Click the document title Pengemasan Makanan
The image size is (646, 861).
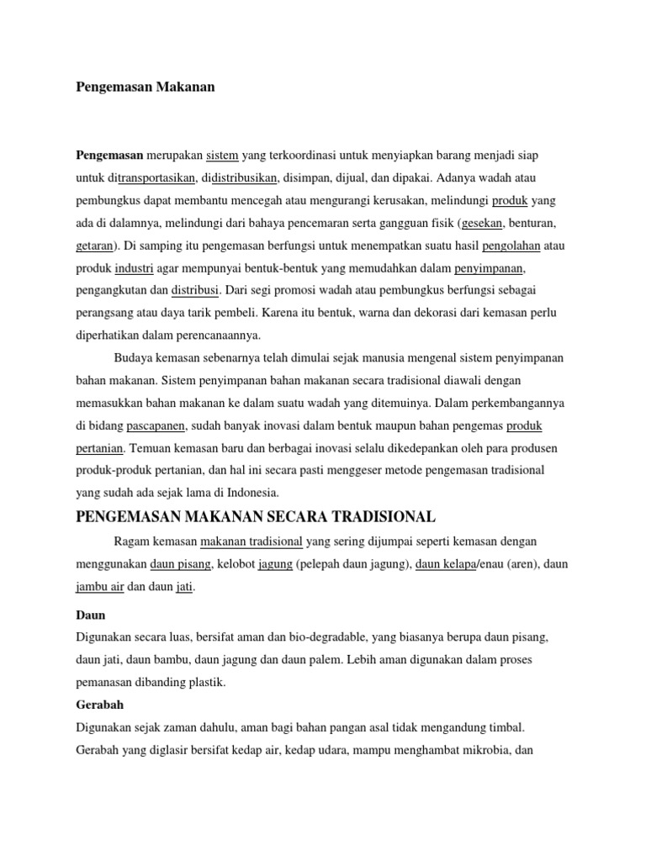click(x=146, y=87)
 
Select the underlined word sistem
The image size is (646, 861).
click(x=223, y=156)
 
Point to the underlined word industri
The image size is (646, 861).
click(x=134, y=268)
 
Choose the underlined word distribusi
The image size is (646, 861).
click(x=195, y=290)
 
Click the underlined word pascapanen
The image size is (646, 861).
click(x=156, y=425)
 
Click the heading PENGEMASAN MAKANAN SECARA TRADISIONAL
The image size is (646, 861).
click(x=256, y=515)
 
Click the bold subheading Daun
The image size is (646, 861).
click(x=91, y=615)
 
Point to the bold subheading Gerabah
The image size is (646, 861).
click(x=100, y=705)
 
